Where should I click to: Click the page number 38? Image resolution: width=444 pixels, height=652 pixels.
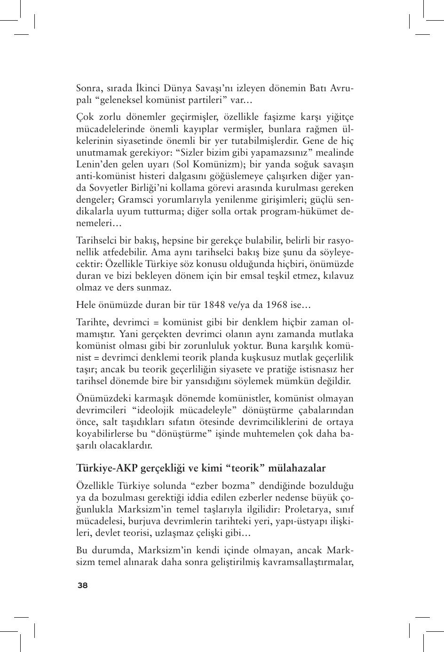coord(82,585)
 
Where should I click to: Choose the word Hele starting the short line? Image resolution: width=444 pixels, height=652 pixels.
coord(86,305)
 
